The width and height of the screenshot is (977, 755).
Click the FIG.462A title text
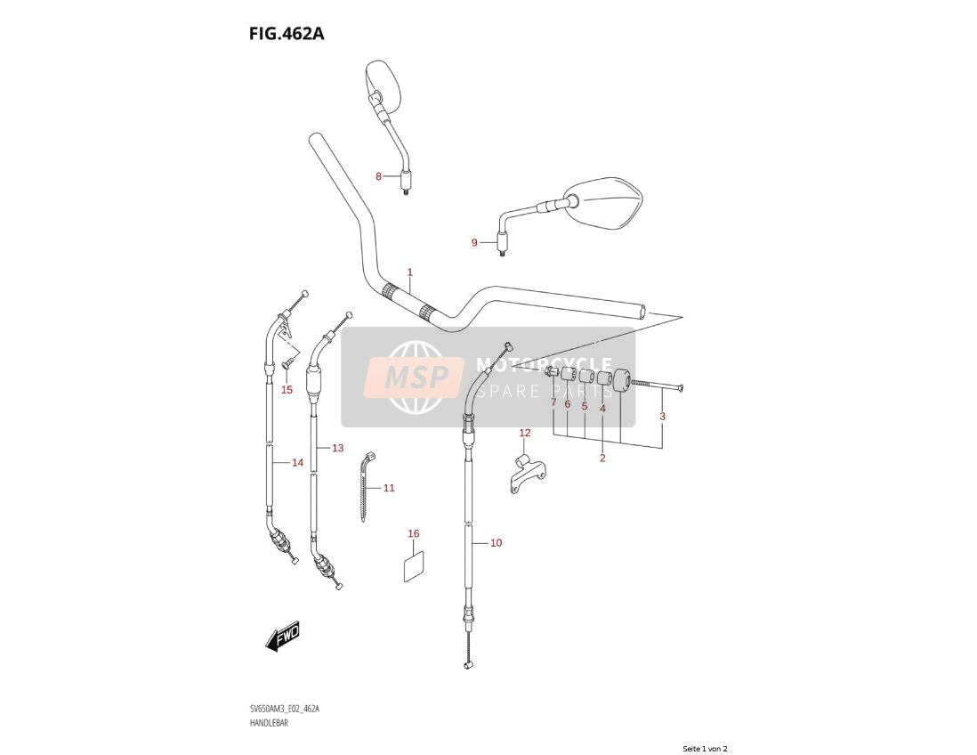point(287,34)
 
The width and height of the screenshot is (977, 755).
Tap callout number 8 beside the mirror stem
point(378,176)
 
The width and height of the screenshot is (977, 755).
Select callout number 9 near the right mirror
point(474,242)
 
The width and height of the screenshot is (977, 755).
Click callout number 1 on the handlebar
point(410,272)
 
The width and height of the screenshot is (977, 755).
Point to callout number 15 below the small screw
point(287,390)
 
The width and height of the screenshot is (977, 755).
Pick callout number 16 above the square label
point(414,533)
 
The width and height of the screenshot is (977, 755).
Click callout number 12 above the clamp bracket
point(525,433)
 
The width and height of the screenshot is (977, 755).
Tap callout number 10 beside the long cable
point(496,543)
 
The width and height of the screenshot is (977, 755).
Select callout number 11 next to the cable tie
point(389,488)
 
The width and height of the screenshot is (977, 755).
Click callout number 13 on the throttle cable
point(338,448)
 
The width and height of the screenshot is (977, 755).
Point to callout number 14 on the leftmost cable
point(298,463)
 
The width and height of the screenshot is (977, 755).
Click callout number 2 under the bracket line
point(602,459)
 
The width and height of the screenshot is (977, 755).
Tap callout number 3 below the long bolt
point(662,417)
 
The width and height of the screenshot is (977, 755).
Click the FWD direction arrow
point(283,637)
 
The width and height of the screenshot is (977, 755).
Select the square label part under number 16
point(414,565)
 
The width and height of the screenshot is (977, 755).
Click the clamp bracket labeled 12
point(527,473)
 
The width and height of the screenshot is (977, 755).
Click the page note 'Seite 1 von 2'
point(705,749)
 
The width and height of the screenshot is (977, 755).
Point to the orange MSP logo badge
point(415,377)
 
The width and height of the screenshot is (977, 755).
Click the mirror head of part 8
point(383,86)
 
